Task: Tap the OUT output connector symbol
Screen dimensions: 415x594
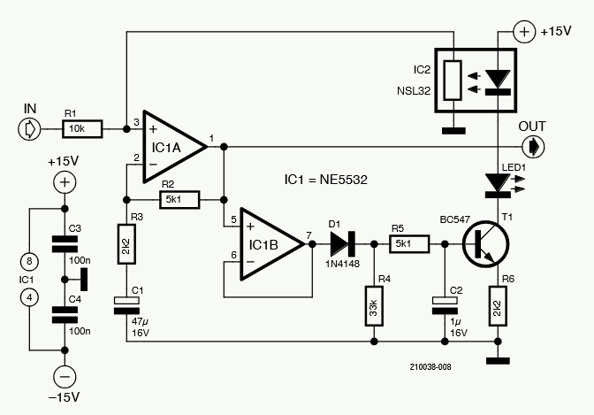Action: tap(534, 145)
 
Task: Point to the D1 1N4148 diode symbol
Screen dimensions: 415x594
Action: tap(344, 239)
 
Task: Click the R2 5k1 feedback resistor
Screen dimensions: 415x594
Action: tap(179, 198)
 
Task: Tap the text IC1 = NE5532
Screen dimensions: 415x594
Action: tap(325, 180)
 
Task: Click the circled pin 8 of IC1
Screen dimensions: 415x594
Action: tap(31, 261)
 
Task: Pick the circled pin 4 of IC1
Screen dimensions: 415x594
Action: tap(31, 297)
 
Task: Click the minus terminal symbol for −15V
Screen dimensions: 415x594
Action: tap(64, 375)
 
